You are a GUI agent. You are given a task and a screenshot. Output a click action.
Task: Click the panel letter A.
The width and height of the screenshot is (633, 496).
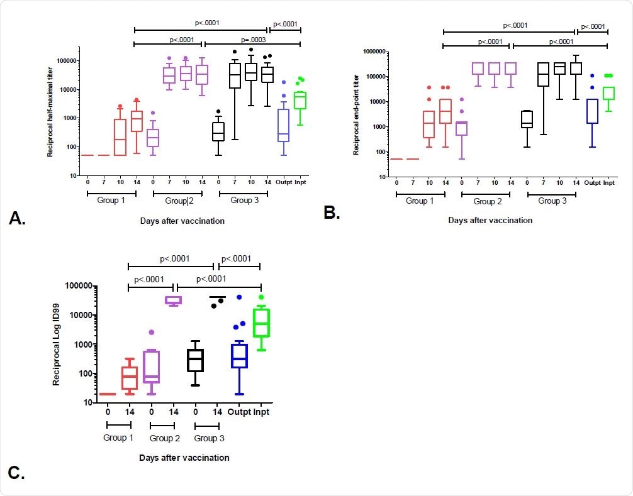tap(17, 218)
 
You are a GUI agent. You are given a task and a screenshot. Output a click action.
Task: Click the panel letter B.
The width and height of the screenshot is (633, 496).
tap(332, 212)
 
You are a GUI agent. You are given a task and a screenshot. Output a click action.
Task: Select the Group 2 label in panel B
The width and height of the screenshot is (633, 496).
tap(485, 201)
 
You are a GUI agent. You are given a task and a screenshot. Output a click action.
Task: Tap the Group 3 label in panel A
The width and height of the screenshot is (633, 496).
tap(243, 201)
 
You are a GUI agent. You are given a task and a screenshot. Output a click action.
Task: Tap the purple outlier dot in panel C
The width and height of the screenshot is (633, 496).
tap(152, 332)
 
